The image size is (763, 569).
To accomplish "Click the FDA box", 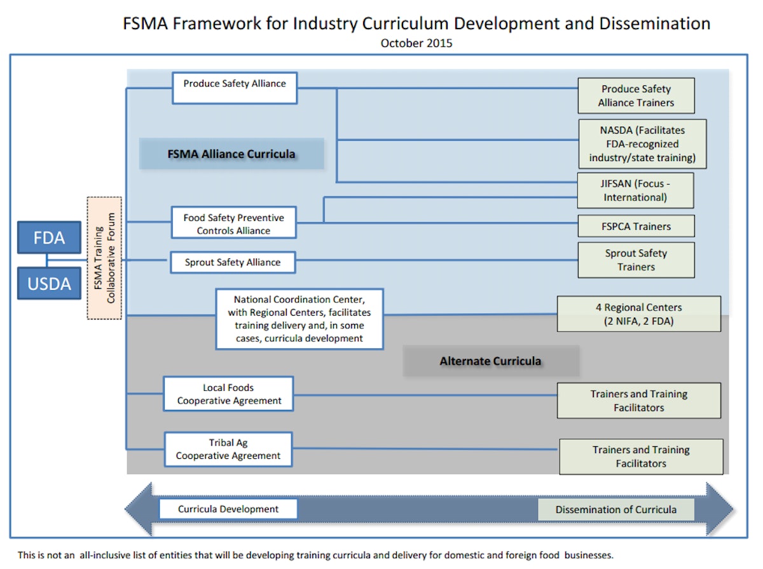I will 49,238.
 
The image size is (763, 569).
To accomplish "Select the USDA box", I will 49,283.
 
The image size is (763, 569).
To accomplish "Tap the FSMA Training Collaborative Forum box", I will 104,258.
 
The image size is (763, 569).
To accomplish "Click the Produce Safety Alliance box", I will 235,87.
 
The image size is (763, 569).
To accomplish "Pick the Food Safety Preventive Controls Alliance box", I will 233,224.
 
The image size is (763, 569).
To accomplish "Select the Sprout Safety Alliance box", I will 233,262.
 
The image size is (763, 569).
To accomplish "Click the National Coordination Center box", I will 299,318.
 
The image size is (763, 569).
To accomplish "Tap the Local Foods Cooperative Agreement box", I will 229,394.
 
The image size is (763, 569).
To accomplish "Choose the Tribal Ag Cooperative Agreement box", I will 228,449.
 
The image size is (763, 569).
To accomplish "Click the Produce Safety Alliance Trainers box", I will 636,95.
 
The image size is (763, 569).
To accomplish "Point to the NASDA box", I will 642,144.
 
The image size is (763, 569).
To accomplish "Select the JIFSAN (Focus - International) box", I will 635,190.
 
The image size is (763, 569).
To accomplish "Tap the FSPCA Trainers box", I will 636,226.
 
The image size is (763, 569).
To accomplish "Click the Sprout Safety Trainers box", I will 636,260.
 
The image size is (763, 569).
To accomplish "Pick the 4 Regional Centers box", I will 638,314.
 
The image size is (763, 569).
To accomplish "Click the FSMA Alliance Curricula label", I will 231,154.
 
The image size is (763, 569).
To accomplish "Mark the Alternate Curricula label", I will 490,361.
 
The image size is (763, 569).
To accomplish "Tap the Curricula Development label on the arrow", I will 228,509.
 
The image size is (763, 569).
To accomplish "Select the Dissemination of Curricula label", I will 615,510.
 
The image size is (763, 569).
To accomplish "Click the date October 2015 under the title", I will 416,43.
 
